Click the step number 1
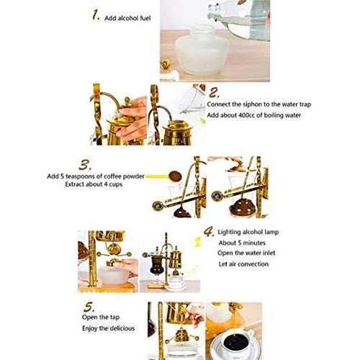95,14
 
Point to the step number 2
215,93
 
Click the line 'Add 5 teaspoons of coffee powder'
95,176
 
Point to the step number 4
209,231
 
